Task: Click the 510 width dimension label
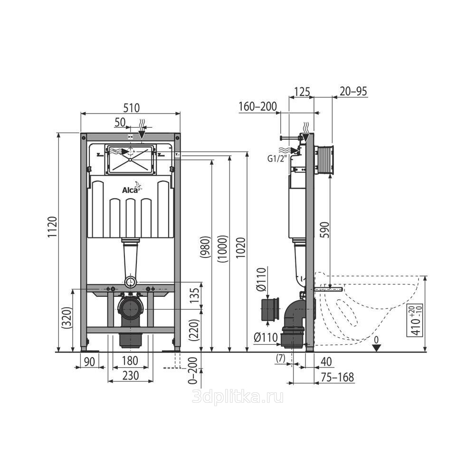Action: [x=132, y=108]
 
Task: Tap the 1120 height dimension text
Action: [x=52, y=227]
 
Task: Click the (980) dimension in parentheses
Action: [x=205, y=247]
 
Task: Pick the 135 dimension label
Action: [x=195, y=295]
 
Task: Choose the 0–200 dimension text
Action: [x=193, y=370]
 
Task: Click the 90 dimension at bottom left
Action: [x=89, y=361]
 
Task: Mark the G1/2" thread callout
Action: [x=276, y=159]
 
